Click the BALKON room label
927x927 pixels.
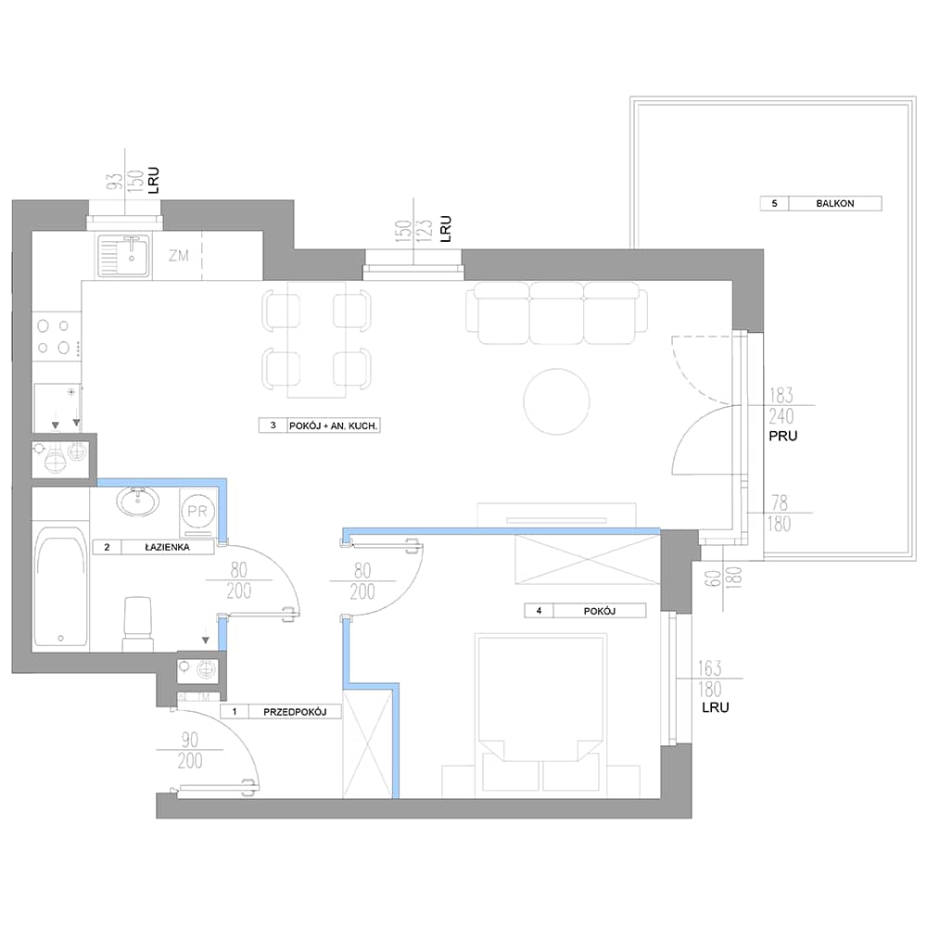835,203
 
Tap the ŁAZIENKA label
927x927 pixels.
167,548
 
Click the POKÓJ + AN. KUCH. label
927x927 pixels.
334,425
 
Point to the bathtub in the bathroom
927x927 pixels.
60,586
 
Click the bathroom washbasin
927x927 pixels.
138,502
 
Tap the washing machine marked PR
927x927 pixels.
197,512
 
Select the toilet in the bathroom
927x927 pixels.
137,624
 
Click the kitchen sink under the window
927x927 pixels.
123,256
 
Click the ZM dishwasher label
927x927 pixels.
179,256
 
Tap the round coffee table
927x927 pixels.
556,401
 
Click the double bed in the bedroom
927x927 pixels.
541,713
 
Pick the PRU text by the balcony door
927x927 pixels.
782,437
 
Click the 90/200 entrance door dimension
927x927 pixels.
190,750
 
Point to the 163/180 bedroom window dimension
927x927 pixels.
709,679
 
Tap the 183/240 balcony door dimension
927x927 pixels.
781,406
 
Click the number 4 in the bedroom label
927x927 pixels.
539,611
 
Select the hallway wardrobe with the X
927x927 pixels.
367,743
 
